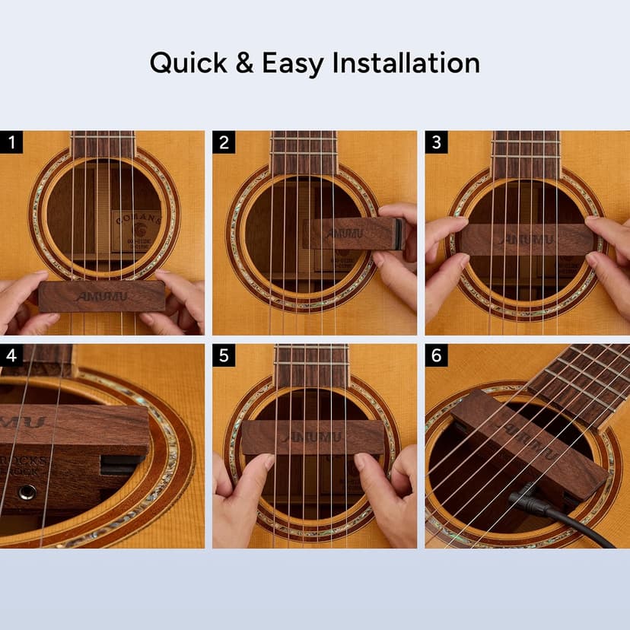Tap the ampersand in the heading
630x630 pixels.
[244, 63]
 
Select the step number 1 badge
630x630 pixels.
[11, 142]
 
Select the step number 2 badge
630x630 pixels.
[224, 142]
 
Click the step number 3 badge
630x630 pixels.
[436, 142]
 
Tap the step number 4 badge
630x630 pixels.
[11, 355]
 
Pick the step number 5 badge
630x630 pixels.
[224, 355]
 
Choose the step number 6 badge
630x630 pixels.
[436, 355]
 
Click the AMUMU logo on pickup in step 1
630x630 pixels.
[101, 295]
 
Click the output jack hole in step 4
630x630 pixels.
[26, 493]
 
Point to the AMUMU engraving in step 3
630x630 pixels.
[526, 240]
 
